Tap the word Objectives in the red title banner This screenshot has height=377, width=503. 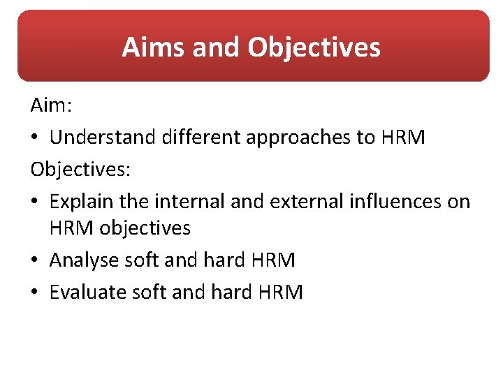(x=314, y=47)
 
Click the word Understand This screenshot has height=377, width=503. (x=103, y=138)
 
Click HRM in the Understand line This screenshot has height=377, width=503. (x=403, y=138)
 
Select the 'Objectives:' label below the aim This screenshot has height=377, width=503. (x=75, y=170)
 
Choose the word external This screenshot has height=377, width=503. (x=298, y=202)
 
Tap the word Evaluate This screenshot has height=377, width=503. (x=87, y=292)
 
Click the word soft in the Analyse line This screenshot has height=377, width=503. (x=141, y=260)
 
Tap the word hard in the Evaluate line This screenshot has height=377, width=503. (x=230, y=292)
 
